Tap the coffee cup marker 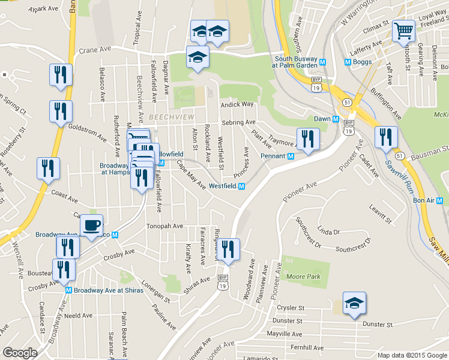click(x=91, y=226)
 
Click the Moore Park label click(x=304, y=277)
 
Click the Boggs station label click(x=362, y=62)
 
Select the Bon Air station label click(x=423, y=199)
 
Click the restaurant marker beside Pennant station click(x=308, y=139)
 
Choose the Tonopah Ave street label click(x=164, y=226)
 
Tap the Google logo click(x=20, y=352)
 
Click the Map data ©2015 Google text click(x=412, y=355)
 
